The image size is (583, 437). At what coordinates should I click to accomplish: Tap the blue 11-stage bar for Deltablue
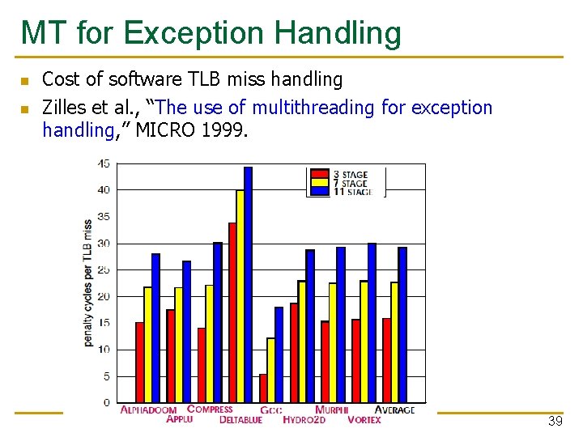pyautogui.click(x=248, y=284)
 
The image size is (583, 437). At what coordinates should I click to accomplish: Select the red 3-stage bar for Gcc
pyautogui.click(x=263, y=388)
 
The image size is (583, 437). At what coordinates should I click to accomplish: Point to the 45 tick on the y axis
pyautogui.click(x=104, y=163)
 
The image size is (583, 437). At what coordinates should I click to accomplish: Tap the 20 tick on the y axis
pyautogui.click(x=104, y=296)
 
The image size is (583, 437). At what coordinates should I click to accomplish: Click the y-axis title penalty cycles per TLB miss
pyautogui.click(x=87, y=283)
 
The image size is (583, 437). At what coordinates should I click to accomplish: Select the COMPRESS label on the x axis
pyautogui.click(x=210, y=409)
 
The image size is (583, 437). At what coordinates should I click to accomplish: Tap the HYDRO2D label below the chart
pyautogui.click(x=304, y=420)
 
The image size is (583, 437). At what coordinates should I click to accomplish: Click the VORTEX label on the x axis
pyautogui.click(x=364, y=420)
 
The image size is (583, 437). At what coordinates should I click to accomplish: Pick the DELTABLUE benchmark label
pyautogui.click(x=240, y=420)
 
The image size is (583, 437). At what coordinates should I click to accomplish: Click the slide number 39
pyautogui.click(x=555, y=422)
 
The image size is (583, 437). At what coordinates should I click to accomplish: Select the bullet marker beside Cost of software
pyautogui.click(x=24, y=81)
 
